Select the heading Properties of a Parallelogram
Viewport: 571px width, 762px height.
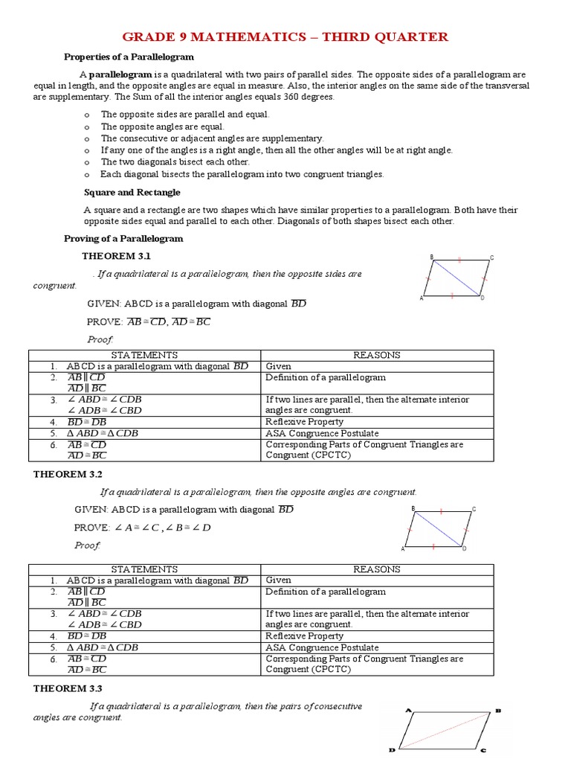point(129,57)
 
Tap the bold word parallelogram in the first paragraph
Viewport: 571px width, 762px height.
point(122,74)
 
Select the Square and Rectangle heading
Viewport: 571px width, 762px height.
point(132,192)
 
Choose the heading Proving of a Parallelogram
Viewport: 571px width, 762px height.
point(123,238)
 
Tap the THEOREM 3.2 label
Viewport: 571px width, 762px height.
point(68,474)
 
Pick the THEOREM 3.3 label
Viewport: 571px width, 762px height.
point(68,688)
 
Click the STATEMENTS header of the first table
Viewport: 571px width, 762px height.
point(144,355)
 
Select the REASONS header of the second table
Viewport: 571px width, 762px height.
point(376,569)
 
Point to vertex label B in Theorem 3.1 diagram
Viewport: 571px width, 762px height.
point(431,257)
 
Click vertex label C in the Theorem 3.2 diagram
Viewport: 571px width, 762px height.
point(474,509)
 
